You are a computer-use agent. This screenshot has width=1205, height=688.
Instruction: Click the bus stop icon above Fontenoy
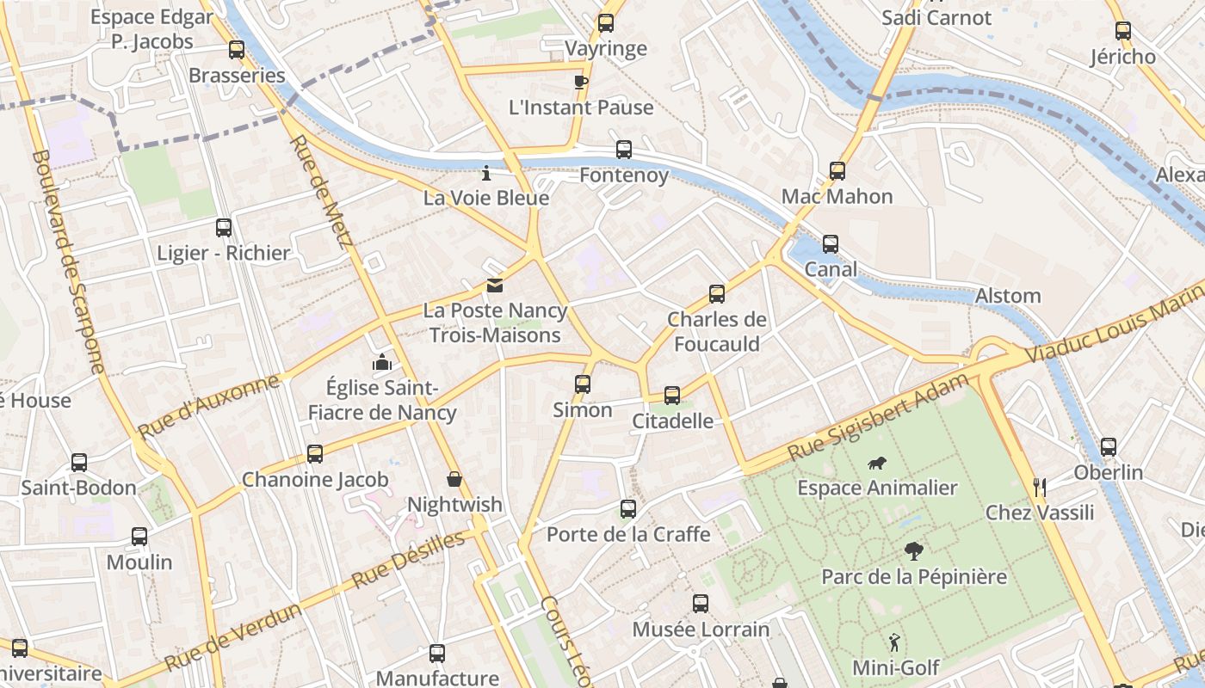pyautogui.click(x=624, y=150)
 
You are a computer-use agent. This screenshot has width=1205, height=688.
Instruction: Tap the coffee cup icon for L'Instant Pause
pyautogui.click(x=581, y=82)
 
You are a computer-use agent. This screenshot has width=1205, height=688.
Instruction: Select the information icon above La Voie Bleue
pyautogui.click(x=486, y=174)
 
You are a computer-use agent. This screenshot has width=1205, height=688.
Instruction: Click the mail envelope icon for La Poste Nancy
pyautogui.click(x=495, y=286)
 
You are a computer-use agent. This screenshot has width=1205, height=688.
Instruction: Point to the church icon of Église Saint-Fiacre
pyautogui.click(x=382, y=363)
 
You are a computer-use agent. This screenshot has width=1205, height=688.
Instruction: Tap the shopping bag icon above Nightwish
pyautogui.click(x=454, y=479)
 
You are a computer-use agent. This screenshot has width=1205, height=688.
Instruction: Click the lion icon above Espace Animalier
pyautogui.click(x=877, y=464)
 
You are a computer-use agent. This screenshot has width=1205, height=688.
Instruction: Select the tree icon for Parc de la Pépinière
pyautogui.click(x=914, y=551)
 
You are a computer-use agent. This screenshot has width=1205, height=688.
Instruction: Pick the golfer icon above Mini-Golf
pyautogui.click(x=895, y=642)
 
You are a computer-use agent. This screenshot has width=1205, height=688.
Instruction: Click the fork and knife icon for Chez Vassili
pyautogui.click(x=1040, y=488)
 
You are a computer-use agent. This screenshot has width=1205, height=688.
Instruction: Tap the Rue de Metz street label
pyautogui.click(x=318, y=191)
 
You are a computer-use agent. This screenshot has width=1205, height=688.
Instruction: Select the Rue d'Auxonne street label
pyautogui.click(x=208, y=406)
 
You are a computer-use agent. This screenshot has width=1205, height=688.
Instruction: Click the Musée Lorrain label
pyautogui.click(x=701, y=630)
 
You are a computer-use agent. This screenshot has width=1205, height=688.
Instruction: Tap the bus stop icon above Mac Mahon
pyautogui.click(x=837, y=171)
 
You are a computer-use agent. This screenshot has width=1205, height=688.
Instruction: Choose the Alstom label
pyautogui.click(x=1008, y=296)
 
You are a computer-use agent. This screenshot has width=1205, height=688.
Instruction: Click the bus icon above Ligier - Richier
pyautogui.click(x=224, y=228)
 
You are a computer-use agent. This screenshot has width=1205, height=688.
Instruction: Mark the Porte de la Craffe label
pyautogui.click(x=628, y=534)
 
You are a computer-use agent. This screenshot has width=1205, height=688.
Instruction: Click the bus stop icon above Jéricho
pyautogui.click(x=1123, y=32)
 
